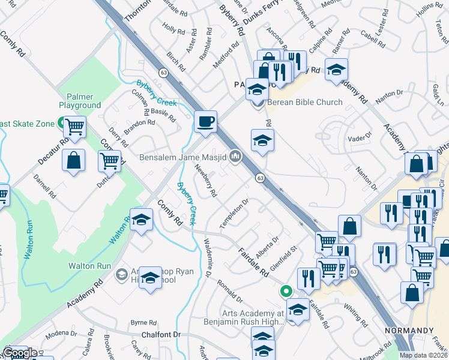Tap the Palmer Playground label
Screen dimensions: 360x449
click(x=80, y=100)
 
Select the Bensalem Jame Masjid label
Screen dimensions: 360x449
click(x=182, y=157)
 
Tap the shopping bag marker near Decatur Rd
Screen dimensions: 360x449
click(x=73, y=161)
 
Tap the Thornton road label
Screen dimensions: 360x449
click(x=136, y=11)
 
